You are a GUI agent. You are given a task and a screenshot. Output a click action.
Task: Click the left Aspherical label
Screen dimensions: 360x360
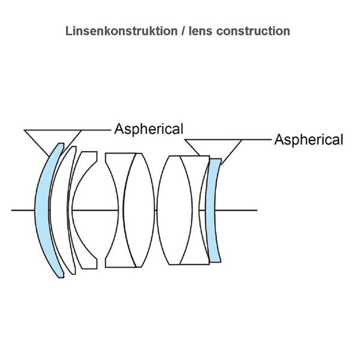coord(149,129)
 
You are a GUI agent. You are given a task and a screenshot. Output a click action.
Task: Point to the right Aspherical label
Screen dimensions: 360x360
coord(308,140)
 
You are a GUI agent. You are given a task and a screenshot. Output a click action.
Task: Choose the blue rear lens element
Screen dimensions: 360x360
coord(214,210)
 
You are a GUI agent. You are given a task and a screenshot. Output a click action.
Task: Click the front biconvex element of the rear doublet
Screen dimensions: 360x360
coord(175,210)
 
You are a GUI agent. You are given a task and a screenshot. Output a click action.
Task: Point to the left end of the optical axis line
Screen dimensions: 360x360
coord(13,210)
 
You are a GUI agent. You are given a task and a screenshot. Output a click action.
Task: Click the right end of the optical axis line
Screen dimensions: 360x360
coord(256,210)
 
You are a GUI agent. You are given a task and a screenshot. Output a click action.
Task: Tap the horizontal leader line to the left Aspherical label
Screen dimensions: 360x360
coord(96,129)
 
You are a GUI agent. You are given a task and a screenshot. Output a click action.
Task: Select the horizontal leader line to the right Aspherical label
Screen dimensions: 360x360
coord(257,140)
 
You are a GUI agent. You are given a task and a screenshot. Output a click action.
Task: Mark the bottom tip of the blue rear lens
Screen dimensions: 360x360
coord(216,262)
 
